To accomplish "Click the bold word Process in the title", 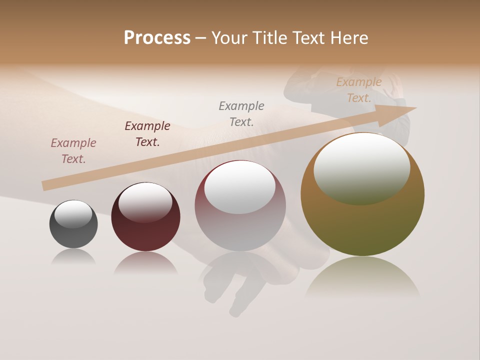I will pos(157,38).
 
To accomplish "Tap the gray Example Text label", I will pos(241,113).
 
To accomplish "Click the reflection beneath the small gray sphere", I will pos(73,257).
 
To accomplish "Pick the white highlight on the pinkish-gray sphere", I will pos(240,187).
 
